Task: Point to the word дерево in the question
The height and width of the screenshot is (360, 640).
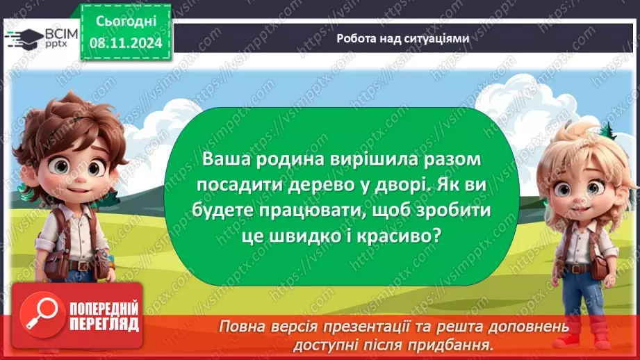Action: (295, 185)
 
